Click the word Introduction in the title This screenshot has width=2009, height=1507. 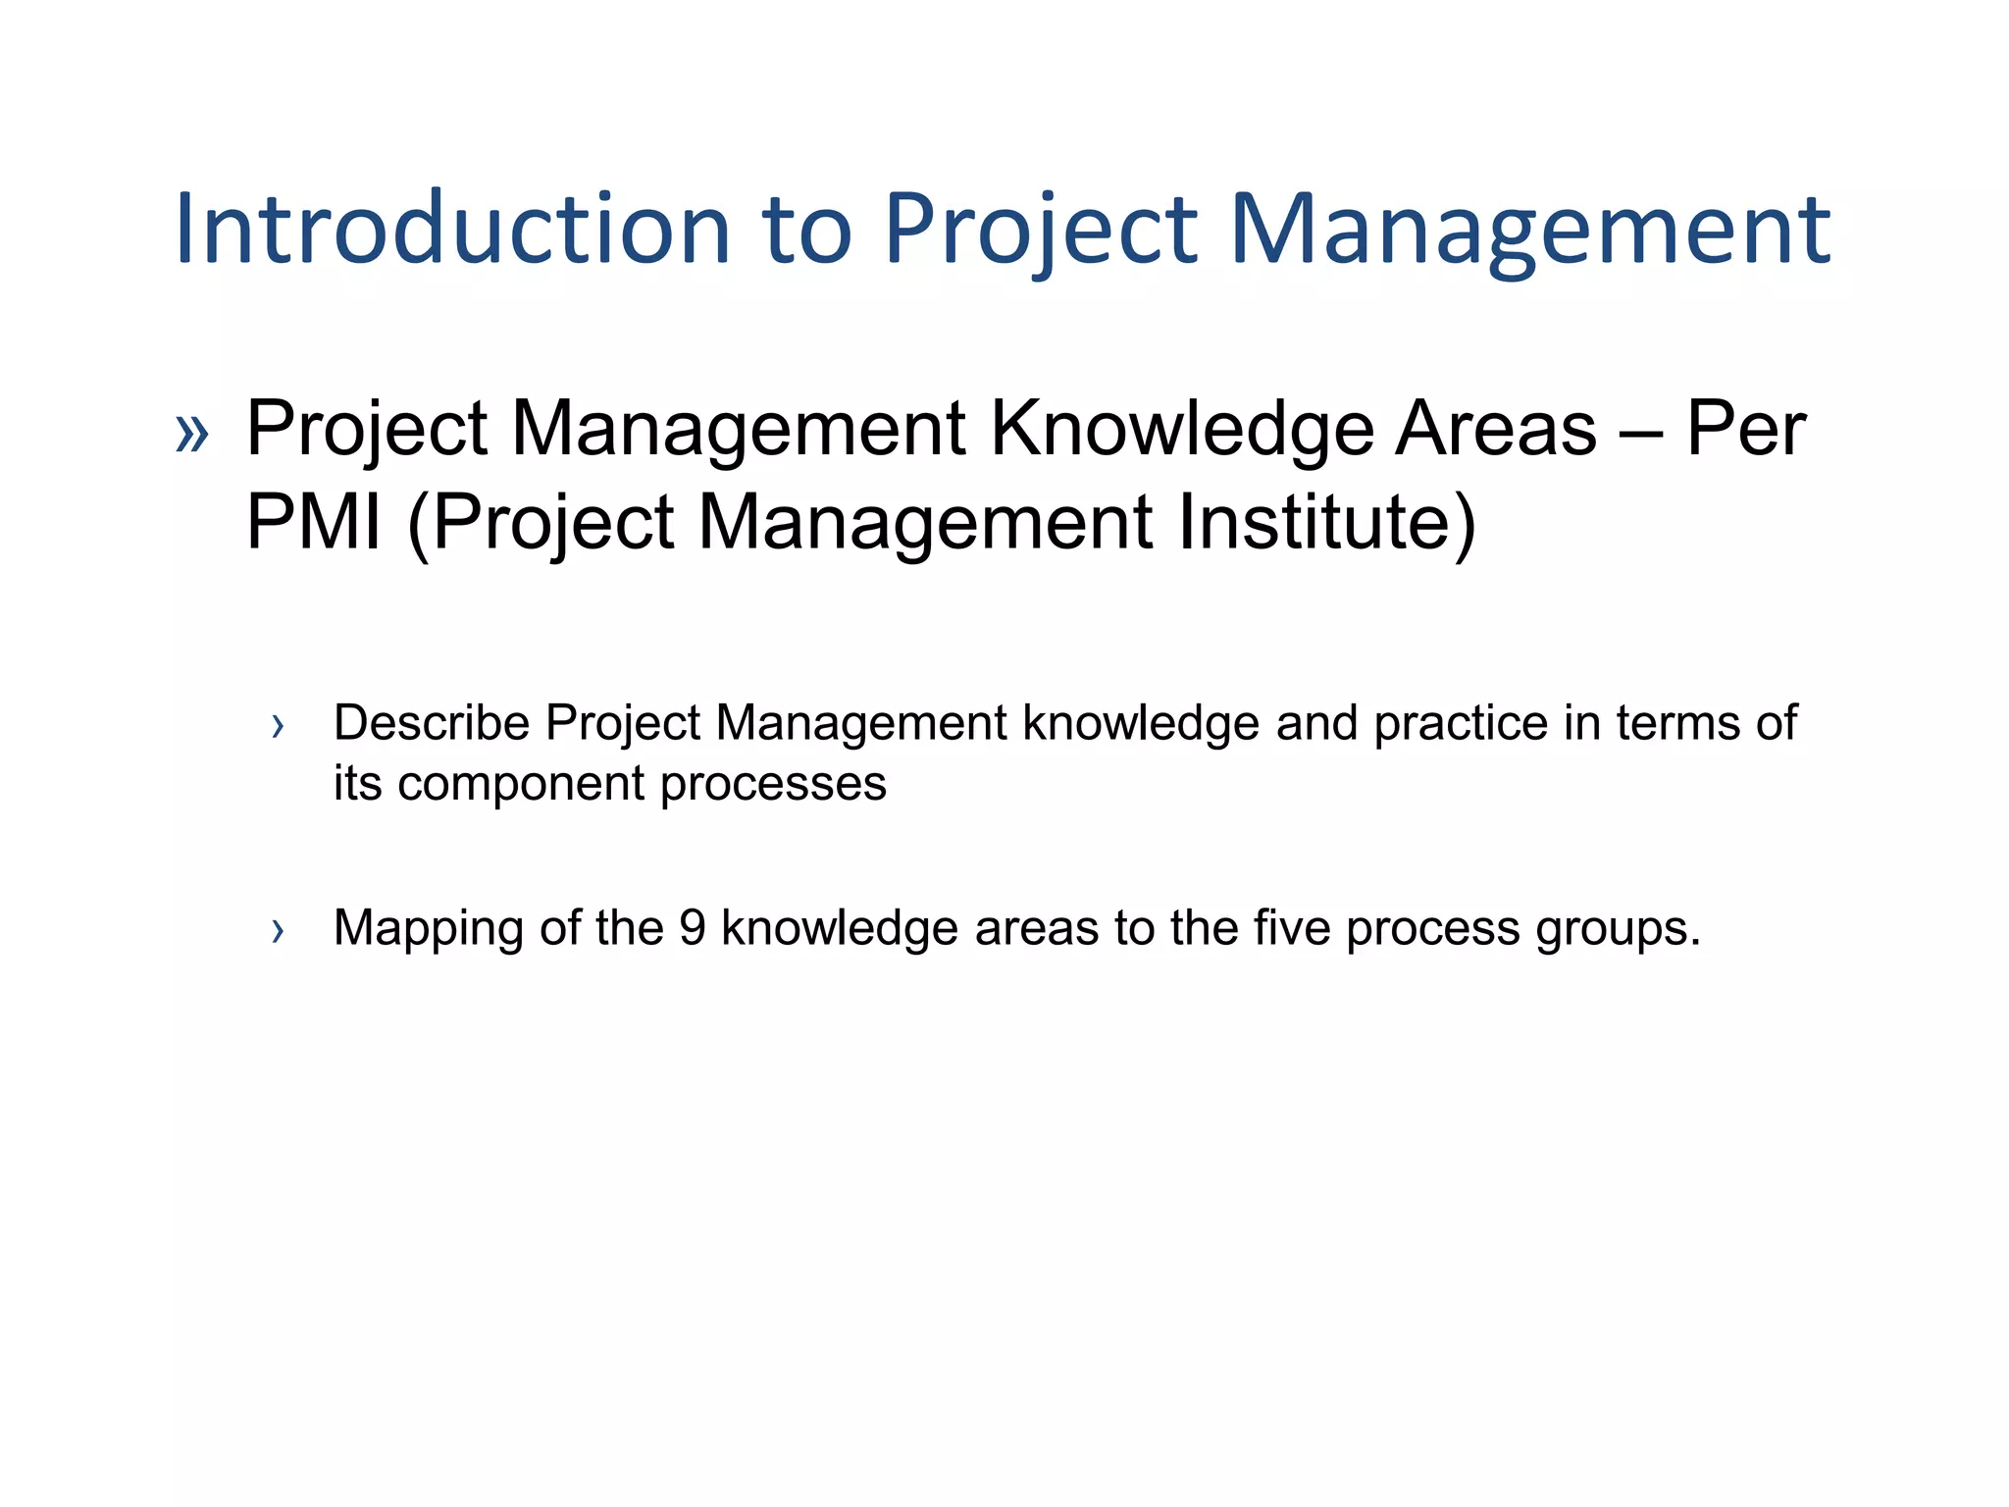tap(451, 229)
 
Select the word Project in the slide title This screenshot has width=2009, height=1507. tap(1040, 229)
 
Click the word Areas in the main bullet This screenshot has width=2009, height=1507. tap(1496, 429)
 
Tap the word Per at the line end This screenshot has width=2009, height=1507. tap(1746, 429)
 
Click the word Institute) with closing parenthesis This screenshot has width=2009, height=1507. tap(1326, 522)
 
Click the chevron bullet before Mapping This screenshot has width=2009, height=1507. tap(278, 931)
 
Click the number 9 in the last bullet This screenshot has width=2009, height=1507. tap(693, 928)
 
